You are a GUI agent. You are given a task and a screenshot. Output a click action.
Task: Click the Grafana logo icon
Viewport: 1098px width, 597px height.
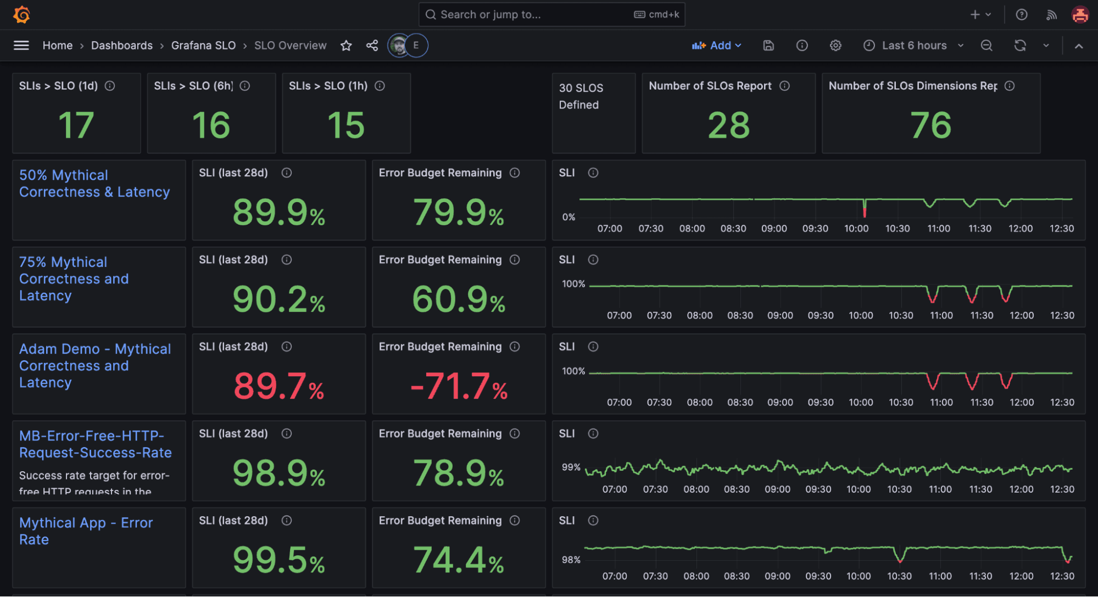click(21, 15)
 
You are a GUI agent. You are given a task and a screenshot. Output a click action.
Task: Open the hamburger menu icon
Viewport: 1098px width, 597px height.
click(21, 46)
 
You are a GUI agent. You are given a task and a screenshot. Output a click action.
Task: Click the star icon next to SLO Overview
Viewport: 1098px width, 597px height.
click(346, 46)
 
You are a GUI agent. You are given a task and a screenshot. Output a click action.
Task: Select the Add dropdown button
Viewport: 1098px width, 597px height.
click(716, 46)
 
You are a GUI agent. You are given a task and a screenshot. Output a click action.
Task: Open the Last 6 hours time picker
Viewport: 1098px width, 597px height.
click(913, 46)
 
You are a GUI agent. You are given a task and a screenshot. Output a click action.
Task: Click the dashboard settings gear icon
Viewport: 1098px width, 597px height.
click(835, 46)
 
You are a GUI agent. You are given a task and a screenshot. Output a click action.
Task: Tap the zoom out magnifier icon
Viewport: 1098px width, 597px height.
click(986, 46)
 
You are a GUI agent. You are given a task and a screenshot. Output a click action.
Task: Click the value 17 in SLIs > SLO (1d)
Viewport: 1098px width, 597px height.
click(76, 125)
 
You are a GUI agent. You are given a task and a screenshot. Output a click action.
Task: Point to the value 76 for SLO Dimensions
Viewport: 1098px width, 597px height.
click(930, 125)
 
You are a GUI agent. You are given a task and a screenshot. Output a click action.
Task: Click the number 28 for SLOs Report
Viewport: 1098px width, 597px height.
click(728, 125)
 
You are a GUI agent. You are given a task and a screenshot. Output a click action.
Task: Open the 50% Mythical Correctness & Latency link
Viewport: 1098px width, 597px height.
click(94, 183)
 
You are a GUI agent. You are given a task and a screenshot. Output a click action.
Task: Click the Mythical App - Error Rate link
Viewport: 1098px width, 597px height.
click(86, 531)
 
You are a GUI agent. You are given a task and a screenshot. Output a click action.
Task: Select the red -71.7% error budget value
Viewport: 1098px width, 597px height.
click(459, 386)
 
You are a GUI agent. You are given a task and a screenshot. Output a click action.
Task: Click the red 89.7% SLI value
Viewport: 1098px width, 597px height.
click(278, 386)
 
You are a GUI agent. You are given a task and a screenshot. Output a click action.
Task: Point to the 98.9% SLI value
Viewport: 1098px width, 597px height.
click(278, 473)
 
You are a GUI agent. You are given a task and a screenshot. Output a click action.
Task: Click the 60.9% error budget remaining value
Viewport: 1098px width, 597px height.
click(459, 299)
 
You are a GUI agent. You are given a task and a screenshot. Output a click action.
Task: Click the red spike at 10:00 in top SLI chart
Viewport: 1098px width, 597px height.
click(865, 210)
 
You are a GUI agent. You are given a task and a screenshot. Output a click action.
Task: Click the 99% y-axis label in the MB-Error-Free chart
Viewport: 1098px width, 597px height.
click(571, 467)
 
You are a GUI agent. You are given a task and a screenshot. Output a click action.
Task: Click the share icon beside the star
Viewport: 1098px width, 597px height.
click(372, 46)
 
